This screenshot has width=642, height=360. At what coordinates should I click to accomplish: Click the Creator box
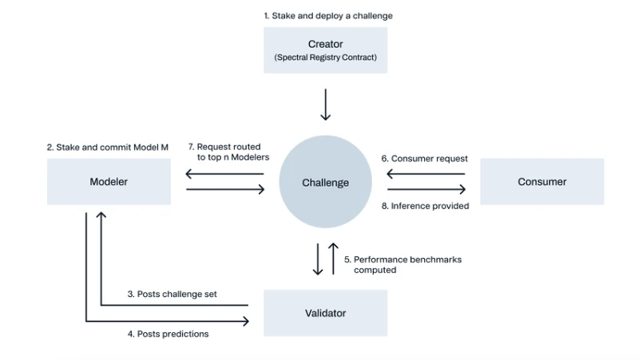click(x=325, y=49)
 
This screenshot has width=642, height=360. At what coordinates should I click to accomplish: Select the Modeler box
click(x=109, y=181)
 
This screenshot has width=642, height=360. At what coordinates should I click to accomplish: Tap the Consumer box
click(x=542, y=181)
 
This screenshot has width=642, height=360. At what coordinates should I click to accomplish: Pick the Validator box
click(x=325, y=313)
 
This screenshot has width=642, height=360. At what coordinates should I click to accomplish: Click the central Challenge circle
click(x=325, y=183)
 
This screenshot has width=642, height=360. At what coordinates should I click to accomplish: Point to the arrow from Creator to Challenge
click(x=325, y=103)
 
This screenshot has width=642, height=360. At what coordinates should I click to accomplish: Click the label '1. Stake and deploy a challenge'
click(x=328, y=15)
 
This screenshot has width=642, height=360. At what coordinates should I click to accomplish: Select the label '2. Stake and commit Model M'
click(x=108, y=147)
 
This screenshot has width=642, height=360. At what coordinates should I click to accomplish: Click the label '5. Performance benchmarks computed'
click(x=402, y=264)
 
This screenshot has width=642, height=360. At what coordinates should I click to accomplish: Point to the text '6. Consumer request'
click(x=424, y=158)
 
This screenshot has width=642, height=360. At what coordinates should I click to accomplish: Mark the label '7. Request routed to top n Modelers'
click(x=228, y=152)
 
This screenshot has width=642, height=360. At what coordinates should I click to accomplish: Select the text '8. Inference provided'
click(x=425, y=206)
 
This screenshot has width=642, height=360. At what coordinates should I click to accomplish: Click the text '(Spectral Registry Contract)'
click(x=325, y=57)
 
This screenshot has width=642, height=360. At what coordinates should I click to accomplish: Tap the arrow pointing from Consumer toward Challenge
click(x=426, y=174)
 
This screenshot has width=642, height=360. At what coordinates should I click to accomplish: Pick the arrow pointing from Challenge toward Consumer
click(x=426, y=189)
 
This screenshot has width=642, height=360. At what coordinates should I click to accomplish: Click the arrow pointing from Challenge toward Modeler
click(x=225, y=174)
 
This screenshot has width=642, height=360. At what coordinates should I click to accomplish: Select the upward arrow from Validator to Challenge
click(x=334, y=259)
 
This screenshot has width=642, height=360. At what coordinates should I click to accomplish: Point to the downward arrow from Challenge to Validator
click(x=318, y=259)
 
